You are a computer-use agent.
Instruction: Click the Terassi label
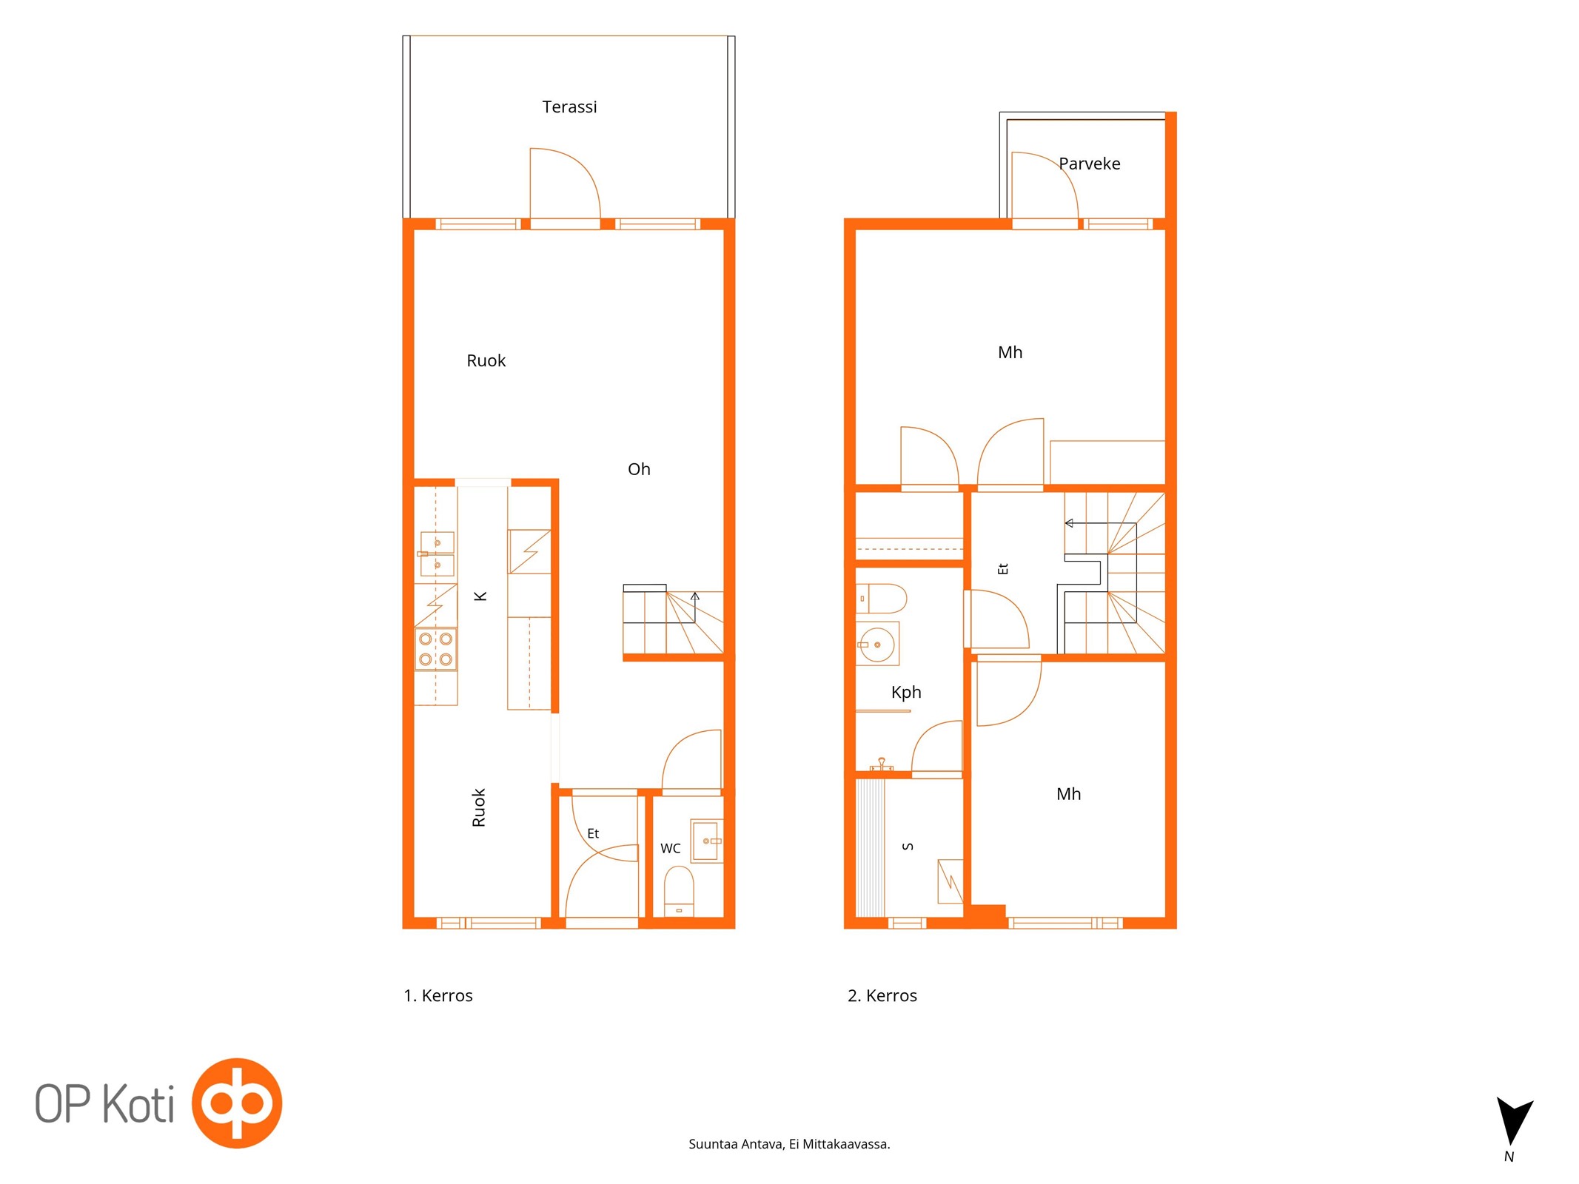(x=569, y=107)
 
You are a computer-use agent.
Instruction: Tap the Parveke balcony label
(x=1089, y=164)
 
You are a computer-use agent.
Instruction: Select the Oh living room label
(x=639, y=469)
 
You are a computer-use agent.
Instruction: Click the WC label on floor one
(x=670, y=848)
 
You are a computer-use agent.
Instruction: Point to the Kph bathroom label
(x=906, y=693)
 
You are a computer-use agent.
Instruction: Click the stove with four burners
(x=435, y=649)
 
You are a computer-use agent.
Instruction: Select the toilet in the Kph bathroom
(x=881, y=598)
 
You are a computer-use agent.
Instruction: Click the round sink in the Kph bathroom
(x=877, y=644)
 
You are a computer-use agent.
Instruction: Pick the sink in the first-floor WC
(x=706, y=841)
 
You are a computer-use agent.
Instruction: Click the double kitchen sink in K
(x=437, y=554)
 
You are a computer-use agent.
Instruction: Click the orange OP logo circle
(x=237, y=1103)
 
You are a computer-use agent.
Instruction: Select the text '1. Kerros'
(x=438, y=995)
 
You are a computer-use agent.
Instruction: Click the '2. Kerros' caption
(x=882, y=995)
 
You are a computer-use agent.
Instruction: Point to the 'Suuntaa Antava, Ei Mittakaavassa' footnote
(x=789, y=1144)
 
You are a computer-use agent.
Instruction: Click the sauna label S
(x=908, y=847)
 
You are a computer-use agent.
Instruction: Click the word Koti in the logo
(x=138, y=1104)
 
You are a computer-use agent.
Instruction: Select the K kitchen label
(x=480, y=596)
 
